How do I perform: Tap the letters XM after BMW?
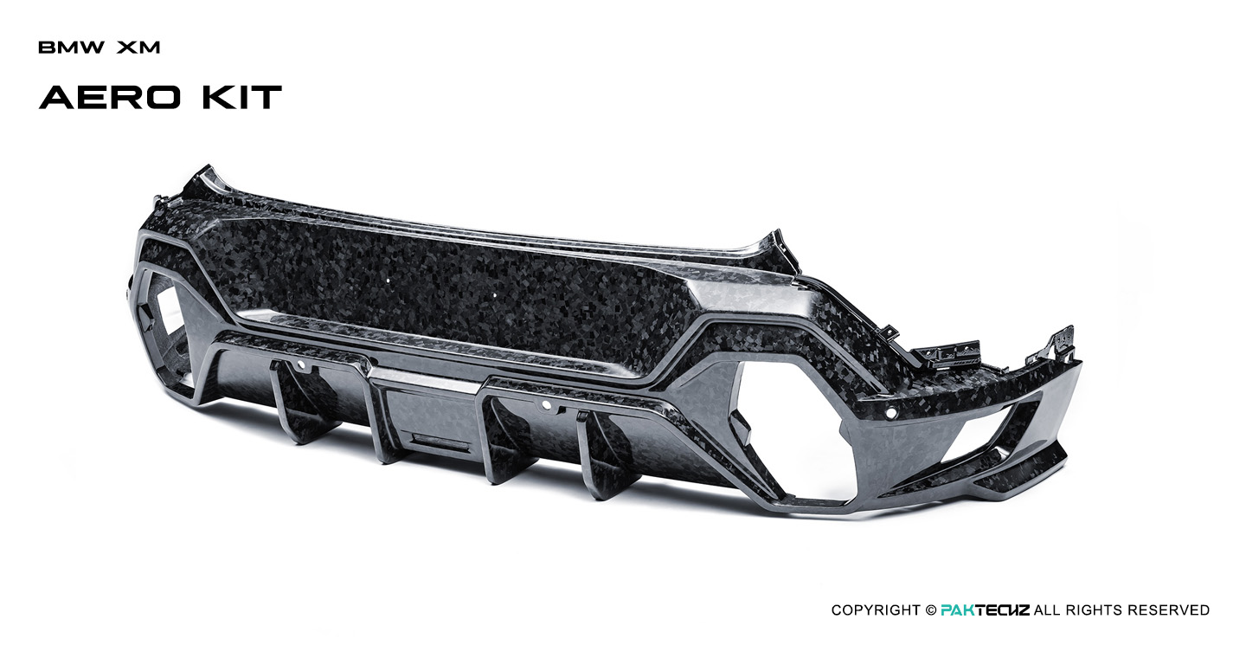pyautogui.click(x=138, y=48)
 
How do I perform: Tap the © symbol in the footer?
pyautogui.click(x=930, y=610)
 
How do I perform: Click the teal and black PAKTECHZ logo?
pyautogui.click(x=985, y=610)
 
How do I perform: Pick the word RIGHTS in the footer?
pyautogui.click(x=1100, y=610)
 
